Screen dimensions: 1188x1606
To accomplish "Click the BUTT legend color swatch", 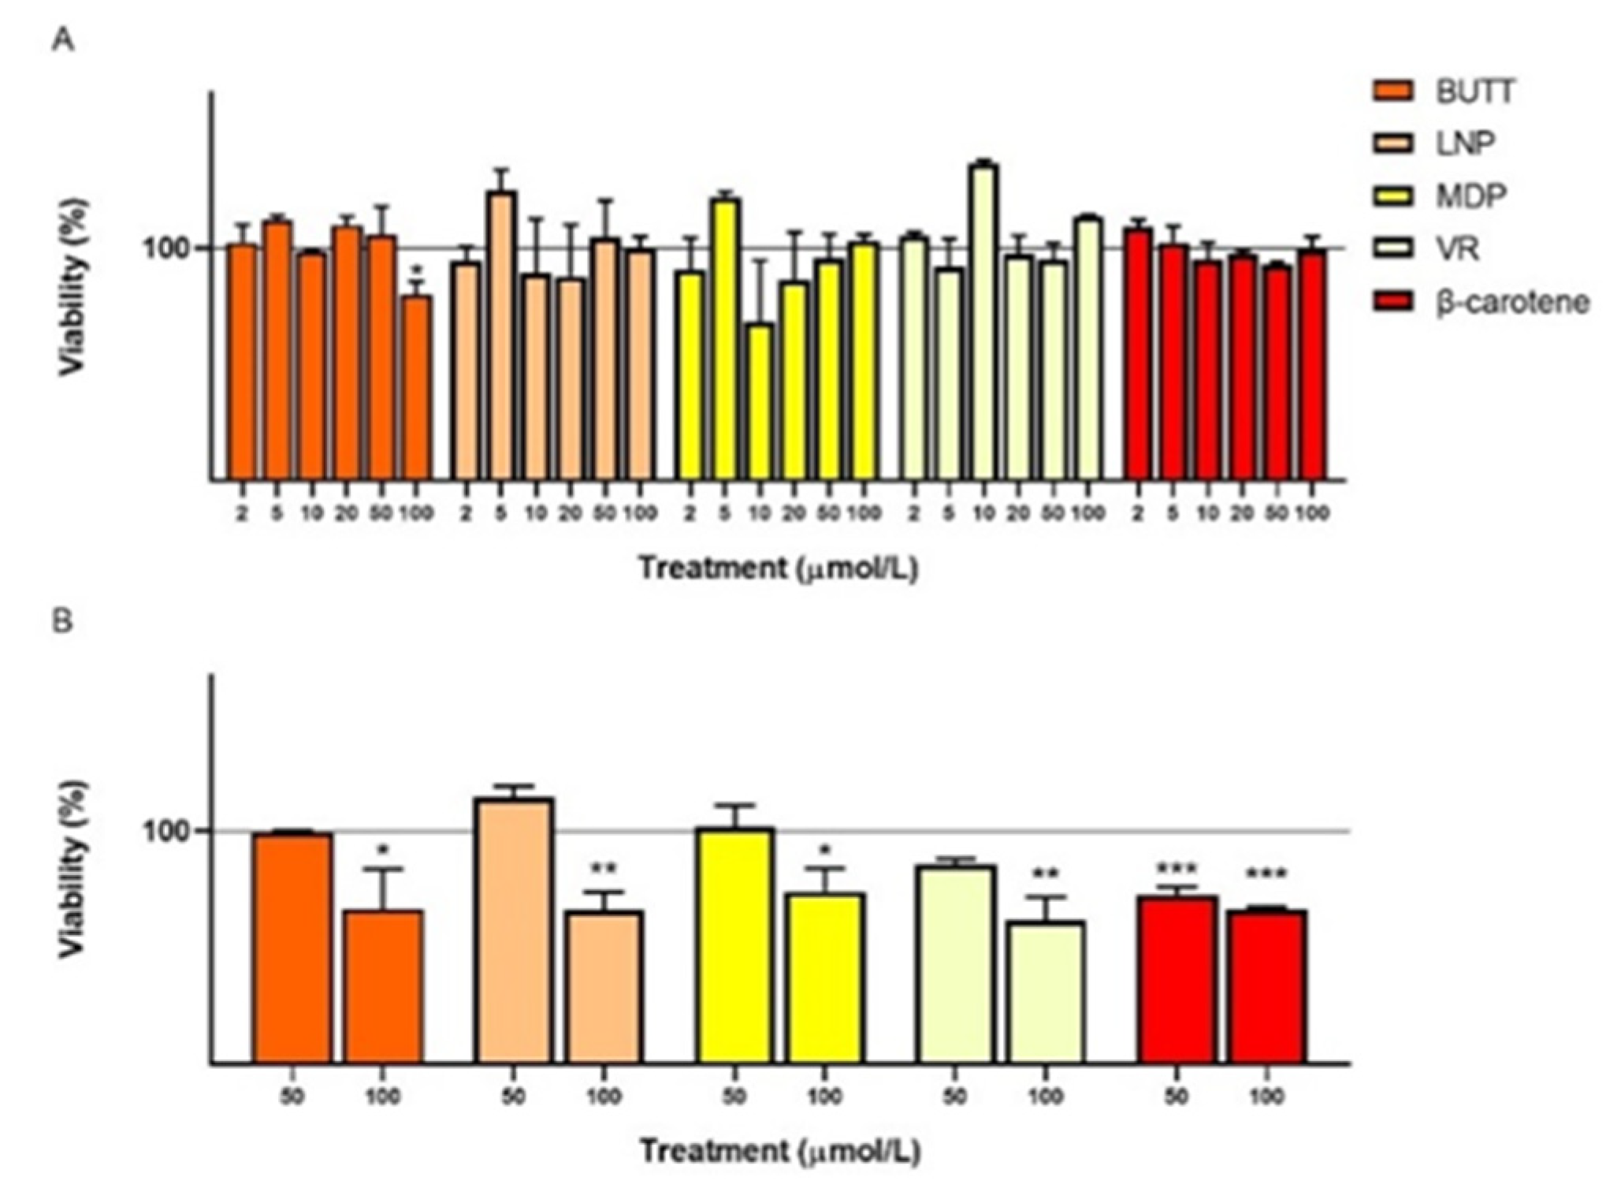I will click(1392, 92).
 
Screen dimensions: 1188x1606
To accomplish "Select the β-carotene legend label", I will click(1511, 302).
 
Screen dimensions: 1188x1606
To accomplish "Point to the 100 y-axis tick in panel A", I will click(168, 249).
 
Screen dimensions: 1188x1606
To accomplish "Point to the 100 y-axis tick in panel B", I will click(168, 832).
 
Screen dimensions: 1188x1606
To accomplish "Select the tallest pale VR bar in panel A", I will click(983, 323).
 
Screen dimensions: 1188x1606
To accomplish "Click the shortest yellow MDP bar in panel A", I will click(760, 402).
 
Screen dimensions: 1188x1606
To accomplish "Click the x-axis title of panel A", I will click(779, 568).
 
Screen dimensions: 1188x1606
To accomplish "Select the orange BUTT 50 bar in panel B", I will click(292, 946).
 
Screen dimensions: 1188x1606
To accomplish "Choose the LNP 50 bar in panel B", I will click(515, 930).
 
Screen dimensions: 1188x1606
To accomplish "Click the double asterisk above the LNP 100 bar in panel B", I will click(604, 870).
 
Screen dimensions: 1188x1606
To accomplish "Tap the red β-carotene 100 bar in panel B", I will click(1266, 985).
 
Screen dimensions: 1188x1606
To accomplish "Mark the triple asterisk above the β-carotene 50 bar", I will click(1176, 870).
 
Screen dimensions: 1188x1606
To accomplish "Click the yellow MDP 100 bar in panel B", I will click(825, 978).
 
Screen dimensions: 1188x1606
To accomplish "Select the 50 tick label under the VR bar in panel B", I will click(954, 1097).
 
